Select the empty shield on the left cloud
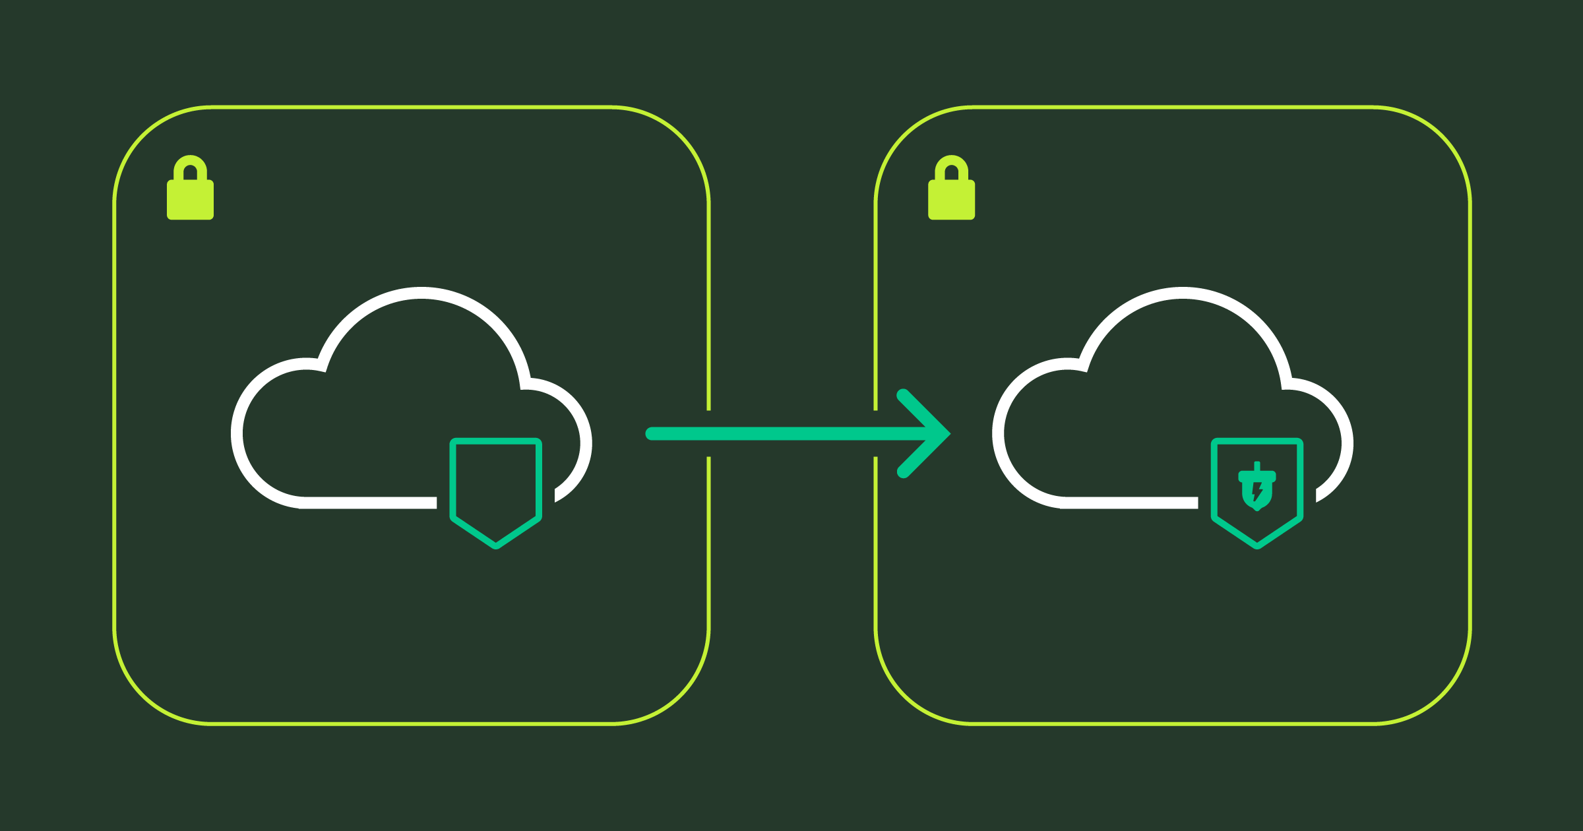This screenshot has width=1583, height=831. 495,488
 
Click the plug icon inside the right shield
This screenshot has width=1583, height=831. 1257,488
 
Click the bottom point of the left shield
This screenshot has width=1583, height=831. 496,546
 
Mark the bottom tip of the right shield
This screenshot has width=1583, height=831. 1257,546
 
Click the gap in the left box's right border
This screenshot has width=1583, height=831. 708,433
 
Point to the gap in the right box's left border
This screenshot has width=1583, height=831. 876,433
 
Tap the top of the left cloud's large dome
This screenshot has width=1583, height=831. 421,293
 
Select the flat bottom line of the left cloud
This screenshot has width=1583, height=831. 369,503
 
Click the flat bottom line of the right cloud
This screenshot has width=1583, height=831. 1131,503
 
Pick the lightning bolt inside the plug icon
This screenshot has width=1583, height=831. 1257,492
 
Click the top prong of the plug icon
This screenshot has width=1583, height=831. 1257,466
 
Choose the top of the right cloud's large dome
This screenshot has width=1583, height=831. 1183,293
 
